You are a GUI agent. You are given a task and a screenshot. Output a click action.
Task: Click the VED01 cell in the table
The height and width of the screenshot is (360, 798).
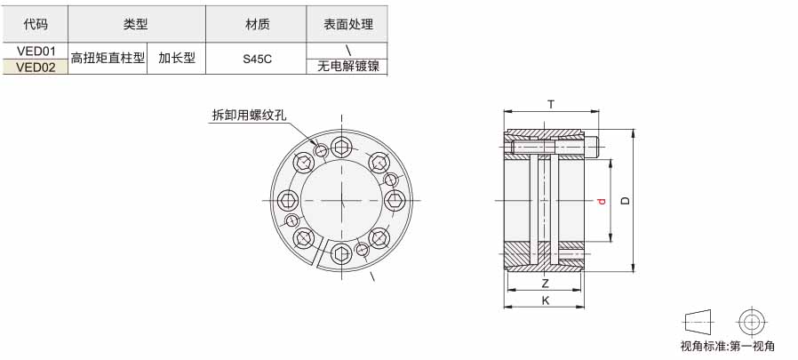36,51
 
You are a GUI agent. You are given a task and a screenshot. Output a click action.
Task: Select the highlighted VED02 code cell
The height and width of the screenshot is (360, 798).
36,68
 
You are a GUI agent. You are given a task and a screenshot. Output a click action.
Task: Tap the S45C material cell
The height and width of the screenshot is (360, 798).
257,59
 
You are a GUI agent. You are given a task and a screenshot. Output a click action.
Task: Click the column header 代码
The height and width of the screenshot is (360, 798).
36,24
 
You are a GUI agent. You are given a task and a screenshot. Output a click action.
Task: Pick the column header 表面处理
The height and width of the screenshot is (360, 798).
348,24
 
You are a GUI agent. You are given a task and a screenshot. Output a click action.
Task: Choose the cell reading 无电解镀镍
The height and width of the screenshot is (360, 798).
348,66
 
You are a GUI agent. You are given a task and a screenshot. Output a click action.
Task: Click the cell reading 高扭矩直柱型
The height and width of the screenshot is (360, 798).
108,58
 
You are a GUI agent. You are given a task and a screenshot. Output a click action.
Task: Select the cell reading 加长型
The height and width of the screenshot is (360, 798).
177,58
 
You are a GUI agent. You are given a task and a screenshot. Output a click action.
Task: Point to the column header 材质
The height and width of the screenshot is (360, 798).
257,24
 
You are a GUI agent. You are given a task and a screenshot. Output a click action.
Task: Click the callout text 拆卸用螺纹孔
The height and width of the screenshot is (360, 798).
249,115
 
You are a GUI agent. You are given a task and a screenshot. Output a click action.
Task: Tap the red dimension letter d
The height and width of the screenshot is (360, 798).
602,201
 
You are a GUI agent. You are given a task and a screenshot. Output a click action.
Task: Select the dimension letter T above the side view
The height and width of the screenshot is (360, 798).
551,105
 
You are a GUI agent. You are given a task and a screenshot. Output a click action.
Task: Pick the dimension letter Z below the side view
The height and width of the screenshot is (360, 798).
545,284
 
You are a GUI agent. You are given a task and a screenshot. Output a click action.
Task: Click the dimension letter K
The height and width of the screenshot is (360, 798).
546,301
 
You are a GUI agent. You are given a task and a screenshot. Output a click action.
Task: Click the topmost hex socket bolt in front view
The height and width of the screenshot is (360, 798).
341,148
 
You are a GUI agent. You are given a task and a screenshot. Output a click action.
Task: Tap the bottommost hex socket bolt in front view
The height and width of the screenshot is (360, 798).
341,253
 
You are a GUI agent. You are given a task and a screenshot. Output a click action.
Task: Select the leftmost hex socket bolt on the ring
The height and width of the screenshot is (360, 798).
289,200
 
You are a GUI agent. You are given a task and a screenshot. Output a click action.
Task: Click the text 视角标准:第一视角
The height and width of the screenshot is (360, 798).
727,347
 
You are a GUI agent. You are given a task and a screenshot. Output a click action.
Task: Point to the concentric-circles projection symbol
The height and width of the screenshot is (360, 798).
752,322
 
